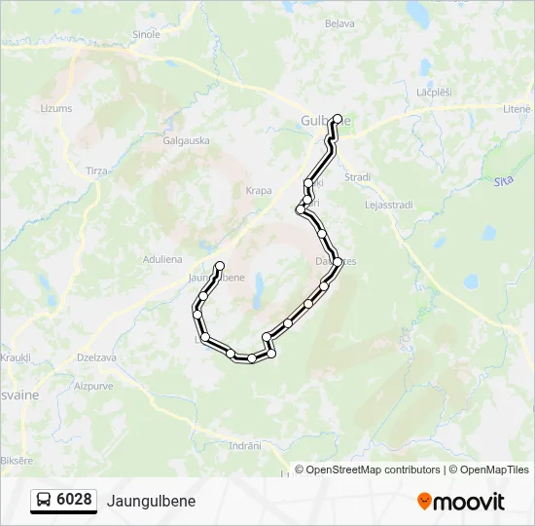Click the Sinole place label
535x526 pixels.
tap(146, 33)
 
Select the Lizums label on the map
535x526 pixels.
tap(56, 108)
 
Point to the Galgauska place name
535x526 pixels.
tap(187, 140)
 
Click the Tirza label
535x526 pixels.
tap(97, 170)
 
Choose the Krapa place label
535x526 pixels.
tap(259, 191)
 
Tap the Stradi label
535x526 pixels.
tap(357, 177)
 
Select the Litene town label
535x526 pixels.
tap(517, 110)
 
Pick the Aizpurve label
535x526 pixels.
tap(93, 386)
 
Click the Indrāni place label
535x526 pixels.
tap(244, 445)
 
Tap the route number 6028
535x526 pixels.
tap(75, 500)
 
